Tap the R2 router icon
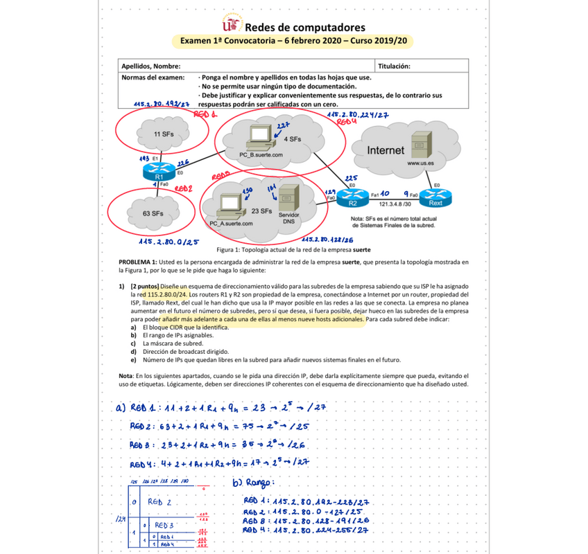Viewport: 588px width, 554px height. tap(352, 197)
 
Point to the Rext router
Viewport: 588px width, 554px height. tap(435, 197)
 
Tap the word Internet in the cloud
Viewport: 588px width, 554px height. tap(386, 150)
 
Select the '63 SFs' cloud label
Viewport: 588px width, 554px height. tap(153, 213)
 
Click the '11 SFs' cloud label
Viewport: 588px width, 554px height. tap(164, 133)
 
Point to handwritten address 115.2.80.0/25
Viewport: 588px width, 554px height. tap(166, 242)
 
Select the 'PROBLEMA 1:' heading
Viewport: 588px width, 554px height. tap(138, 262)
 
